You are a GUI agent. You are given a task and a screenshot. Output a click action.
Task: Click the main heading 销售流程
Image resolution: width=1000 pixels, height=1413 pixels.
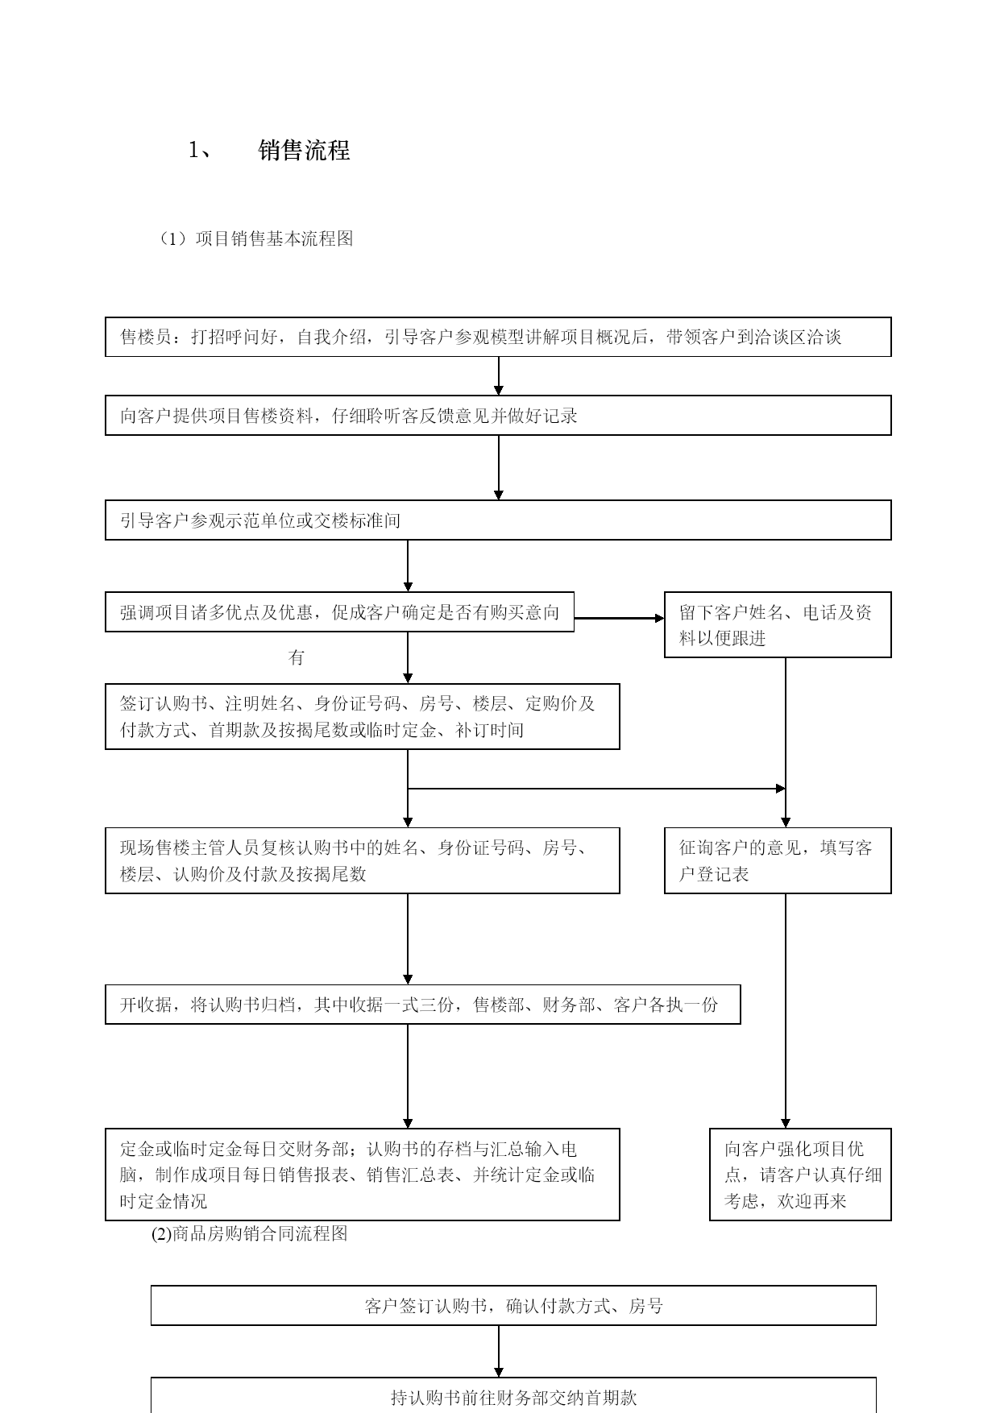(304, 151)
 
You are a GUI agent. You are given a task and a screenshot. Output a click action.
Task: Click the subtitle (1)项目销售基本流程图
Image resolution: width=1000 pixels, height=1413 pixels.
(256, 238)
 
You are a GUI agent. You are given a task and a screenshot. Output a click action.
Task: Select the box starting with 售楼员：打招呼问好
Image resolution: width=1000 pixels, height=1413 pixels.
(498, 337)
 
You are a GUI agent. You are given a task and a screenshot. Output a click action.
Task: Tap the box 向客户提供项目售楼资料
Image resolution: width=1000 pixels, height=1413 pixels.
(498, 416)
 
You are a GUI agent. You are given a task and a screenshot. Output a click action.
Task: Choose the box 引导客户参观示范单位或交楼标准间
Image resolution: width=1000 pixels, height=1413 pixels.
(498, 520)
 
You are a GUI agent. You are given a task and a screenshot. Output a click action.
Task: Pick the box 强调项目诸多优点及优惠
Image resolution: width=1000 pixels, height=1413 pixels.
(339, 612)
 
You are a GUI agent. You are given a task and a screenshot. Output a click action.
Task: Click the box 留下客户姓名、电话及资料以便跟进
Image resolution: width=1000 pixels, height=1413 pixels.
(778, 625)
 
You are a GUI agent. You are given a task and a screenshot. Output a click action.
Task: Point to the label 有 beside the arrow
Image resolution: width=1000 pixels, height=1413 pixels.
(297, 657)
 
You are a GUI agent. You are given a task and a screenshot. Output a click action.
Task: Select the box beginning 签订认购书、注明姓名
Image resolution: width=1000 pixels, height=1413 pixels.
(363, 716)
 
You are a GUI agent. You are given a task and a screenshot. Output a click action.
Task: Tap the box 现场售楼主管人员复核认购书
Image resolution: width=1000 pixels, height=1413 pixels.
(363, 860)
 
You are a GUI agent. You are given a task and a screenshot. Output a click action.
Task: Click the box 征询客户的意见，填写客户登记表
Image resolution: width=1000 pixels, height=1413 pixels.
(778, 860)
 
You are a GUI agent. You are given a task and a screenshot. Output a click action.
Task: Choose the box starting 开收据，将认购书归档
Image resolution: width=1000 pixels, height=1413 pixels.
(423, 1005)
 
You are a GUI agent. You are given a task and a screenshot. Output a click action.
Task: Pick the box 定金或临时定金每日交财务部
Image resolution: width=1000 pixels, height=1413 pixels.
(363, 1175)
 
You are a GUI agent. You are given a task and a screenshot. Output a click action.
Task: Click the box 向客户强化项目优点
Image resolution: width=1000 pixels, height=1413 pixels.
(800, 1175)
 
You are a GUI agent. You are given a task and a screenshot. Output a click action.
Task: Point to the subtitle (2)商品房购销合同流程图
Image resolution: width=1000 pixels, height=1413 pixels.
(250, 1233)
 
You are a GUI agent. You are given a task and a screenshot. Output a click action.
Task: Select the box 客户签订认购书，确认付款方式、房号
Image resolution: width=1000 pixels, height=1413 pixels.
(513, 1306)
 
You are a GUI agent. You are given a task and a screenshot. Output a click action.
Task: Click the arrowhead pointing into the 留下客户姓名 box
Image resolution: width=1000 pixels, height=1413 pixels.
(659, 619)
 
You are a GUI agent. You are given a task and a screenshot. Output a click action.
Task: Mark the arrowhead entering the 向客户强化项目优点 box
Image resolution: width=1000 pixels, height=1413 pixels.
(786, 1123)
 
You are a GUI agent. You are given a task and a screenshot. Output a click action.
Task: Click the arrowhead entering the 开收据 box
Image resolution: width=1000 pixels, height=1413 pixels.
(408, 980)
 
